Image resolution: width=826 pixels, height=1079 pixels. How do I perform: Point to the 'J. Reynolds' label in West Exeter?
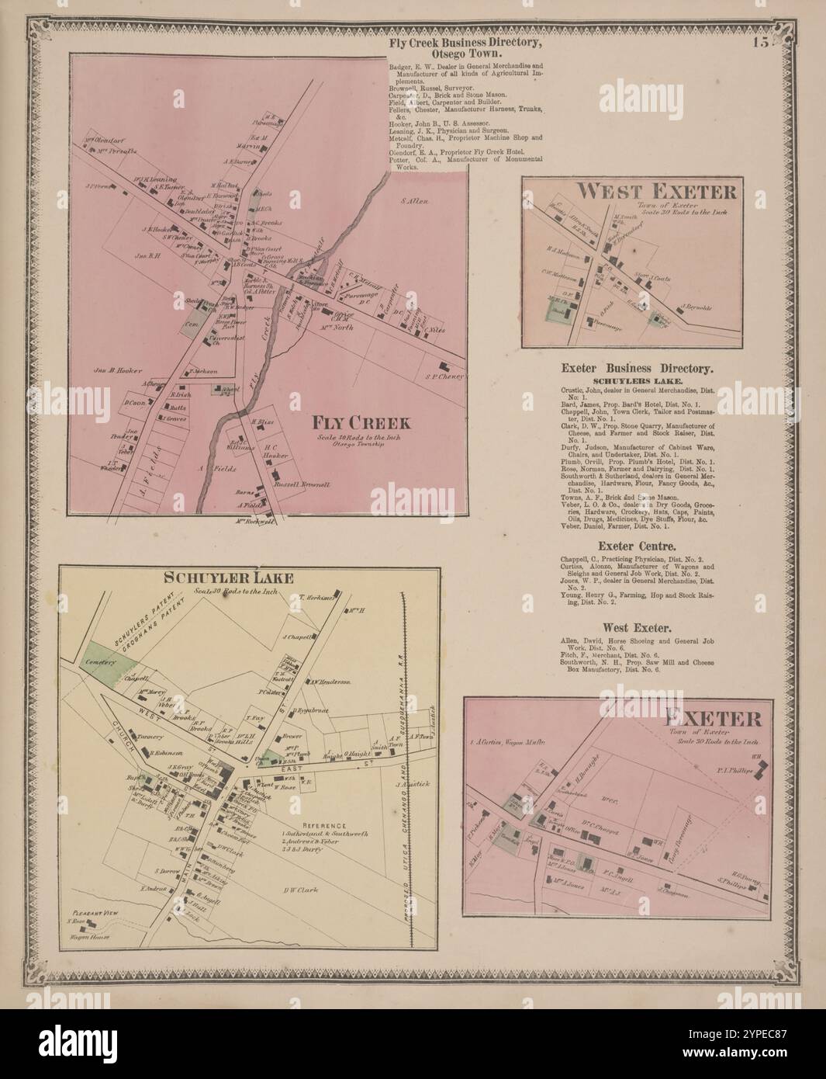click(696, 307)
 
